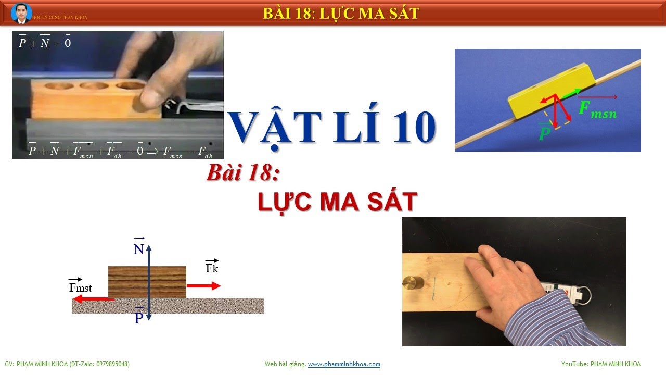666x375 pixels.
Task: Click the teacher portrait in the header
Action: [21, 13]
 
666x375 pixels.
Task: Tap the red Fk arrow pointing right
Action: [203, 285]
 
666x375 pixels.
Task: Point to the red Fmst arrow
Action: [93, 299]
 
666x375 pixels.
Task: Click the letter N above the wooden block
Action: [138, 249]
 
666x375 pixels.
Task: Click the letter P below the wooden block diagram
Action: [138, 318]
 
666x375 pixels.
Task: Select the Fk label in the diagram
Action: [212, 268]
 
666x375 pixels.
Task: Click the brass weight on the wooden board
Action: [411, 283]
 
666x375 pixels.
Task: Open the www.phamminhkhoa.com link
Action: [344, 364]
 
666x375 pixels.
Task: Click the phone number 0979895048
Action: [110, 364]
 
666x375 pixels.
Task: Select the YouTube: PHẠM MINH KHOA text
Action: [601, 364]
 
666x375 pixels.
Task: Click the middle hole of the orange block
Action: [95, 85]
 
